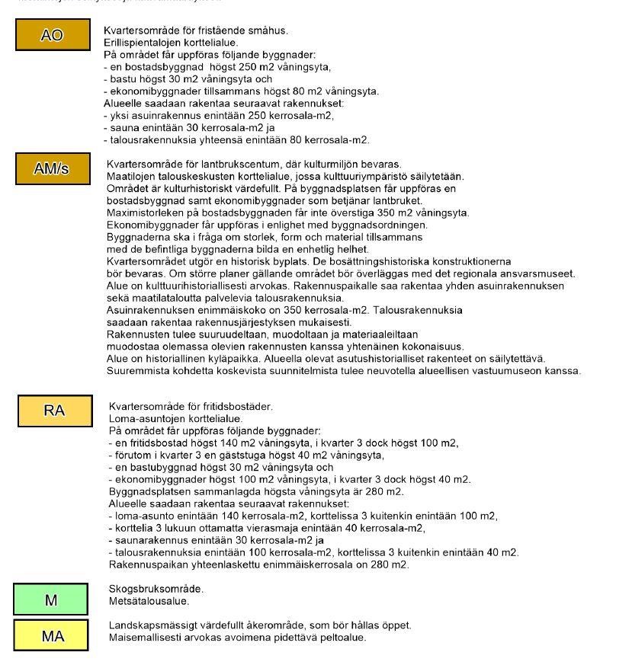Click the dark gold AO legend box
pyautogui.click(x=51, y=35)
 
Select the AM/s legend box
pyautogui.click(x=51, y=168)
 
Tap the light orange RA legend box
pyautogui.click(x=54, y=411)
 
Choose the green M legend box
pyautogui.click(x=51, y=599)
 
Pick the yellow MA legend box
pyautogui.click(x=52, y=636)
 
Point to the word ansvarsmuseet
pyautogui.click(x=541, y=273)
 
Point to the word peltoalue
pyautogui.click(x=343, y=638)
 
